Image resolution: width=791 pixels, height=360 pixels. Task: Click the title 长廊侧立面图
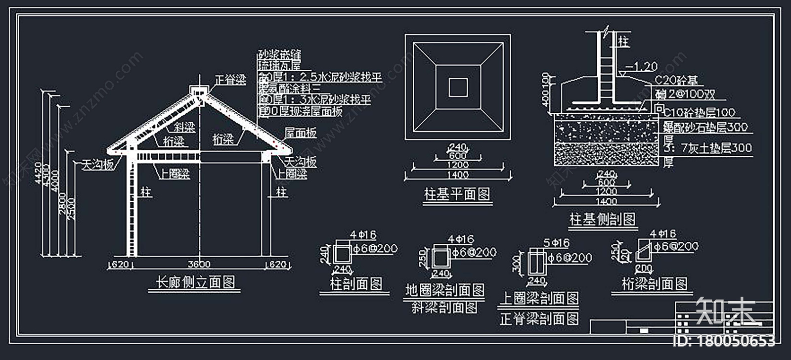pyautogui.click(x=195, y=282)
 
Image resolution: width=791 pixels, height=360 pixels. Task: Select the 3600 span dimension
pyautogui.click(x=199, y=264)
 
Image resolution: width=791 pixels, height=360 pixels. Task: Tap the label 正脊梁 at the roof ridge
pyautogui.click(x=230, y=80)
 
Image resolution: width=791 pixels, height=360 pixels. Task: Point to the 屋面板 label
pyautogui.click(x=301, y=133)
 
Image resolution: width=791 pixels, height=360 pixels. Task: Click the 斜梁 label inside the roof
pyautogui.click(x=184, y=127)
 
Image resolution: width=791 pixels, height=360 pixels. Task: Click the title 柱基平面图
pyautogui.click(x=457, y=194)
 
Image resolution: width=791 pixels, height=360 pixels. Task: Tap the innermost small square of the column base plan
pyautogui.click(x=458, y=88)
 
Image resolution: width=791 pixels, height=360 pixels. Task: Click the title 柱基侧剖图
pyautogui.click(x=602, y=219)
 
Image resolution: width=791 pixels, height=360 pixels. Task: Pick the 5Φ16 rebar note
pyautogui.click(x=556, y=243)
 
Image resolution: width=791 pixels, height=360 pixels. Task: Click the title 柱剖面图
pyautogui.click(x=356, y=284)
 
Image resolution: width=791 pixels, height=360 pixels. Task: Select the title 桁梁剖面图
pyautogui.click(x=655, y=284)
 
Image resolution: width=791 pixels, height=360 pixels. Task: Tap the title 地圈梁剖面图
pyautogui.click(x=444, y=290)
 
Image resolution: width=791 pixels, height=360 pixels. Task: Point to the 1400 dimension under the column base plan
pyautogui.click(x=457, y=175)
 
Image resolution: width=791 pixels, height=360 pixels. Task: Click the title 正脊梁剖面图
pyautogui.click(x=539, y=319)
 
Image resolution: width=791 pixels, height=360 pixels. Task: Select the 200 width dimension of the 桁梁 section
pyautogui.click(x=643, y=269)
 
